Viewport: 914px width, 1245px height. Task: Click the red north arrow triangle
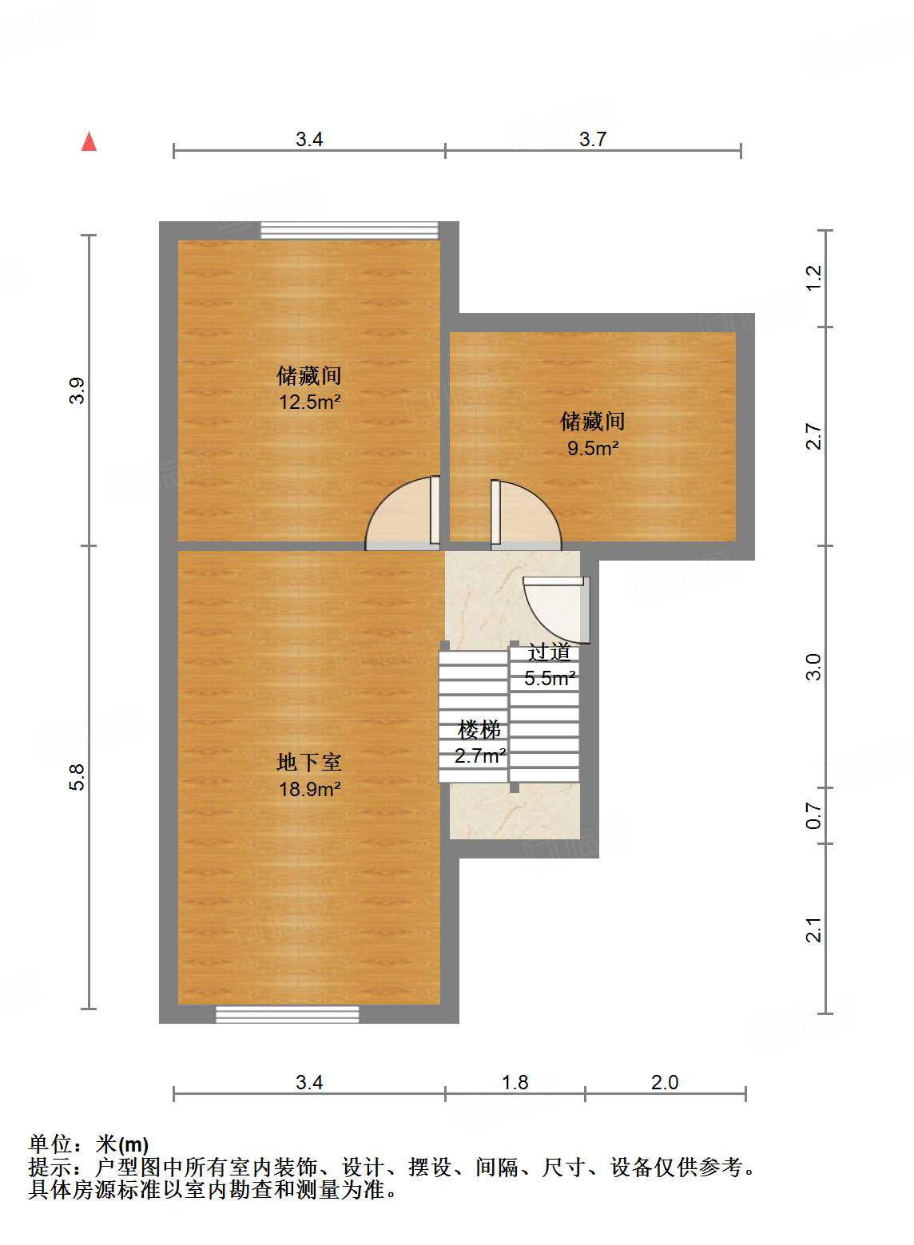(89, 142)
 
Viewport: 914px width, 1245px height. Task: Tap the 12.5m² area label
(309, 402)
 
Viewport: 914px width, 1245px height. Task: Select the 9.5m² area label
(593, 448)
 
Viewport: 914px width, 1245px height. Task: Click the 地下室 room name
(309, 763)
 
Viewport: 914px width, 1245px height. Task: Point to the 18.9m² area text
(309, 789)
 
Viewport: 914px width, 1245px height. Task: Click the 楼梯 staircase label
(479, 729)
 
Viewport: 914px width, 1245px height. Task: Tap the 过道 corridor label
(549, 652)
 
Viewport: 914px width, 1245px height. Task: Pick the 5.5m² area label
(550, 678)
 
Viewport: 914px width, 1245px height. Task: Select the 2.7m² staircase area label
(480, 755)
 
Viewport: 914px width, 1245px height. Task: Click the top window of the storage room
(349, 230)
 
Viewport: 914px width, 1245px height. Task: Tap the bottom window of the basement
(287, 1014)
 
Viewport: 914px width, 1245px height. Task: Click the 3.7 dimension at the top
(593, 139)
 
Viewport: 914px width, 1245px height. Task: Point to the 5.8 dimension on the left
(76, 777)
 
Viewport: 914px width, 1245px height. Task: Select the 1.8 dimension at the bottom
(515, 1082)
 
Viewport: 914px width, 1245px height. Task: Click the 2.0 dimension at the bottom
(665, 1082)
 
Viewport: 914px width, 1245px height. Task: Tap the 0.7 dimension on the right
(813, 815)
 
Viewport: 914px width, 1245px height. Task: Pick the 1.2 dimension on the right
(813, 278)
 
